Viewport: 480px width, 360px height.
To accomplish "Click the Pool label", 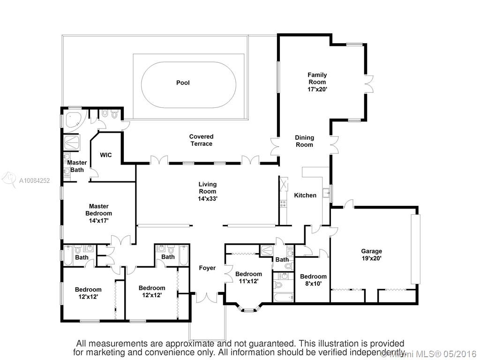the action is [x=183, y=82].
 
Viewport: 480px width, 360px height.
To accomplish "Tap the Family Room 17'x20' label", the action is [x=317, y=82].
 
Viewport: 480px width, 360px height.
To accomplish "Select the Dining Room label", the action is [x=304, y=141].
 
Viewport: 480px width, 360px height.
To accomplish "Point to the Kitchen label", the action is [x=305, y=195].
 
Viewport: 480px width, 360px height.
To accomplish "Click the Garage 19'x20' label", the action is [x=371, y=255].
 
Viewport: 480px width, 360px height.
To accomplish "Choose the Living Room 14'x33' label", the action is [x=208, y=191].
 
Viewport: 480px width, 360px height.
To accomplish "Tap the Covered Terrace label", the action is [x=201, y=140].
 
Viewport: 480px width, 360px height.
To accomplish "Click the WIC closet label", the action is [x=106, y=155].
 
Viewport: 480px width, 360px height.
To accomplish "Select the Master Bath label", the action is [x=77, y=166].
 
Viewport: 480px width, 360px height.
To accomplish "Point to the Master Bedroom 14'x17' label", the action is [x=98, y=213].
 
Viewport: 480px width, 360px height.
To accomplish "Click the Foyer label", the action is [x=207, y=268].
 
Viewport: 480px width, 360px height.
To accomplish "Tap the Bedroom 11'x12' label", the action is [x=248, y=277].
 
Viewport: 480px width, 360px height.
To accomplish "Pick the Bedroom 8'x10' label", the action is [x=313, y=280].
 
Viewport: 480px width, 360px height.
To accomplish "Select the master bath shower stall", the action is [x=72, y=142].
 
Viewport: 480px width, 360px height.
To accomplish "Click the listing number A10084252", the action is [x=34, y=180].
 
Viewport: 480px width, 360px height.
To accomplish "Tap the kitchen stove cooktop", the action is [x=283, y=203].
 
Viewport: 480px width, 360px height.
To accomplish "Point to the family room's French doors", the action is [x=369, y=84].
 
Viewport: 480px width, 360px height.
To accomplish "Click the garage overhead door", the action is [x=415, y=249].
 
